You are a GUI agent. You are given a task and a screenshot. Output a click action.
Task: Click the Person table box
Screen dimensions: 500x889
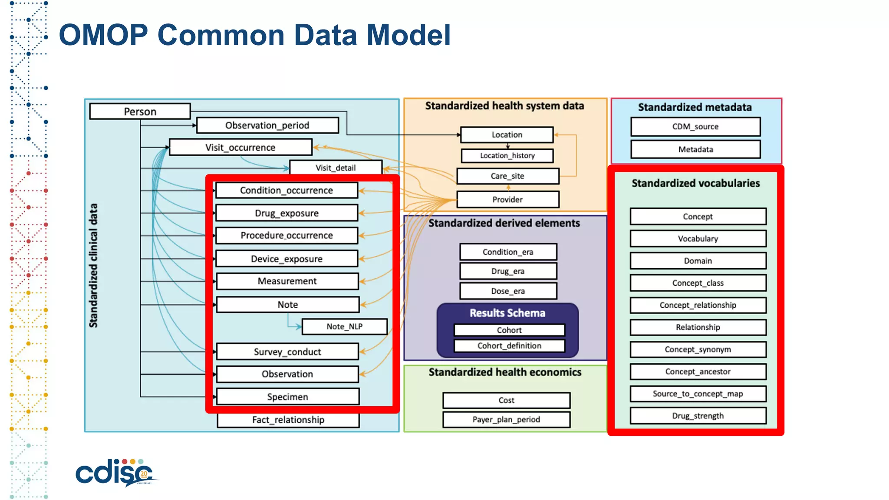(x=140, y=112)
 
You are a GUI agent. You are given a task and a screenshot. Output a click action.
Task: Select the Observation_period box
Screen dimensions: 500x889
(x=267, y=125)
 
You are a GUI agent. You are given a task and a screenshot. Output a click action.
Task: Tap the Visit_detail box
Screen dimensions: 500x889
(x=336, y=168)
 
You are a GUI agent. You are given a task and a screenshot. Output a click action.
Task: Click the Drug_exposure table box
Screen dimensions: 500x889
(x=287, y=213)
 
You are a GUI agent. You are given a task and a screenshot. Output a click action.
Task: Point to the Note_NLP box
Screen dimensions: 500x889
(x=345, y=326)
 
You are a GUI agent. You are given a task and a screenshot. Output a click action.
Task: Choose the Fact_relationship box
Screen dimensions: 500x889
(x=288, y=420)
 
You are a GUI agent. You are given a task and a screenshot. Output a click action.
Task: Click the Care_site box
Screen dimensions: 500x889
(x=507, y=176)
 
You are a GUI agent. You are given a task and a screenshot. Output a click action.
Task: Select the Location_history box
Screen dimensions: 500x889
(x=507, y=155)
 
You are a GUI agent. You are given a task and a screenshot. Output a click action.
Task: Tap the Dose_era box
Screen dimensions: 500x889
(x=508, y=291)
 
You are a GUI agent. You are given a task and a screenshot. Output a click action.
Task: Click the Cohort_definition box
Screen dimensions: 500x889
(x=509, y=345)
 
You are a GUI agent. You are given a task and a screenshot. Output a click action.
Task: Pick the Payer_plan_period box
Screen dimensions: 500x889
(x=506, y=419)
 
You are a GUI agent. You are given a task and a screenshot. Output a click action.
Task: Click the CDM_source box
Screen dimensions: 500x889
(x=695, y=126)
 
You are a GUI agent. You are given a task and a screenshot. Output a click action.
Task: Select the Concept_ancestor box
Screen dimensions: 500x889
(x=698, y=372)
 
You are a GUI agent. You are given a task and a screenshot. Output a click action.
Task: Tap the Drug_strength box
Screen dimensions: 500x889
(x=698, y=416)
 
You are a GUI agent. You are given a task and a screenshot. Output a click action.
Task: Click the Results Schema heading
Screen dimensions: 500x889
(x=507, y=313)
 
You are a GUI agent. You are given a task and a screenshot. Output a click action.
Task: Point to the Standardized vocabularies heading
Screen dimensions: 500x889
(x=695, y=183)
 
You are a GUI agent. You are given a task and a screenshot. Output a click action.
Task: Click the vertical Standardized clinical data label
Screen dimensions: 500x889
(x=93, y=265)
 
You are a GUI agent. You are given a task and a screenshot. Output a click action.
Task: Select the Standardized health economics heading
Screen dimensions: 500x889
(x=505, y=372)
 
